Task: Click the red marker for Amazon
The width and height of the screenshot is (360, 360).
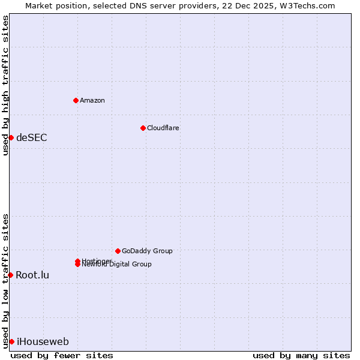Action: pyautogui.click(x=76, y=100)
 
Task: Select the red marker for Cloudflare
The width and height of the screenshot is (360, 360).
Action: pyautogui.click(x=143, y=128)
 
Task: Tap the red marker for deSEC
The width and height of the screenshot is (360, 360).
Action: pyautogui.click(x=11, y=137)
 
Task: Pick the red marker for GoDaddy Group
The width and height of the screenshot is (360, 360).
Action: pyautogui.click(x=118, y=251)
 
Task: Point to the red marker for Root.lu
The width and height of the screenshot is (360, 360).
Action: pyautogui.click(x=10, y=275)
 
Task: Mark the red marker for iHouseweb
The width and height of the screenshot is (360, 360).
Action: pyautogui.click(x=11, y=341)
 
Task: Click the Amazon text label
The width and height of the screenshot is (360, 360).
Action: pyautogui.click(x=92, y=100)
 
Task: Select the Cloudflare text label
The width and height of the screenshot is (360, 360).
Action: pyautogui.click(x=163, y=128)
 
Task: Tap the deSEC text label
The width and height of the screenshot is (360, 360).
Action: pyautogui.click(x=32, y=137)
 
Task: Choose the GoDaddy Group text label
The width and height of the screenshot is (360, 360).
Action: pyautogui.click(x=147, y=251)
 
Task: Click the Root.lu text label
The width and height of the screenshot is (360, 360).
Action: pyautogui.click(x=32, y=275)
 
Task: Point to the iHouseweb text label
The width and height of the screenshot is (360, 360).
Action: pyautogui.click(x=43, y=342)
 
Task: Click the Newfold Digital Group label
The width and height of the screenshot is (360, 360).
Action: pyautogui.click(x=117, y=265)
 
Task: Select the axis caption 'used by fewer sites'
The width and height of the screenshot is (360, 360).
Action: pyautogui.click(x=62, y=355)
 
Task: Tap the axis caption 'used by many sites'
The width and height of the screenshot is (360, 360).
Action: pyautogui.click(x=301, y=355)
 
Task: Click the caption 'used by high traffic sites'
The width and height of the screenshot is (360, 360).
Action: pyautogui.click(x=5, y=85)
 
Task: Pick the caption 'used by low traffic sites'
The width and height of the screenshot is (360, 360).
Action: pyautogui.click(x=5, y=280)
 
